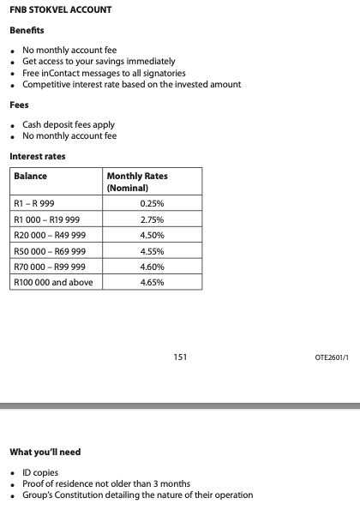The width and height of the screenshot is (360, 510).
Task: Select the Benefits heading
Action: pyautogui.click(x=27, y=31)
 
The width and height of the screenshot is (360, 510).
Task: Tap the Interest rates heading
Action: pyautogui.click(x=37, y=156)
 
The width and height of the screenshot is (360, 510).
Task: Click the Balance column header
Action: pyautogui.click(x=31, y=176)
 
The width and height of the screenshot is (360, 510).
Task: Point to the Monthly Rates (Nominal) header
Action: pyautogui.click(x=136, y=182)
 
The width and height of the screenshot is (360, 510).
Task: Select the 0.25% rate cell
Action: pyautogui.click(x=151, y=204)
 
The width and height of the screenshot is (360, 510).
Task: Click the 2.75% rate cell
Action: pyautogui.click(x=151, y=219)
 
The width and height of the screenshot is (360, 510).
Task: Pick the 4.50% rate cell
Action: pyautogui.click(x=151, y=235)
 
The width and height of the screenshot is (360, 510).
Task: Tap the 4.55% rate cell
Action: pyautogui.click(x=151, y=251)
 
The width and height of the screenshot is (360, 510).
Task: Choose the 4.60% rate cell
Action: pyautogui.click(x=151, y=267)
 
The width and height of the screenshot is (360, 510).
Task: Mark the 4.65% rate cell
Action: pyautogui.click(x=151, y=282)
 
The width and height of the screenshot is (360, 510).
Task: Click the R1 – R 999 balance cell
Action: pyautogui.click(x=35, y=204)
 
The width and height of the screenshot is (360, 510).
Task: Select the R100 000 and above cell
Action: pyautogui.click(x=53, y=282)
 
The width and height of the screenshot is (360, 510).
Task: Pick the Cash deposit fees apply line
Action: pyautogui.click(x=69, y=125)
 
